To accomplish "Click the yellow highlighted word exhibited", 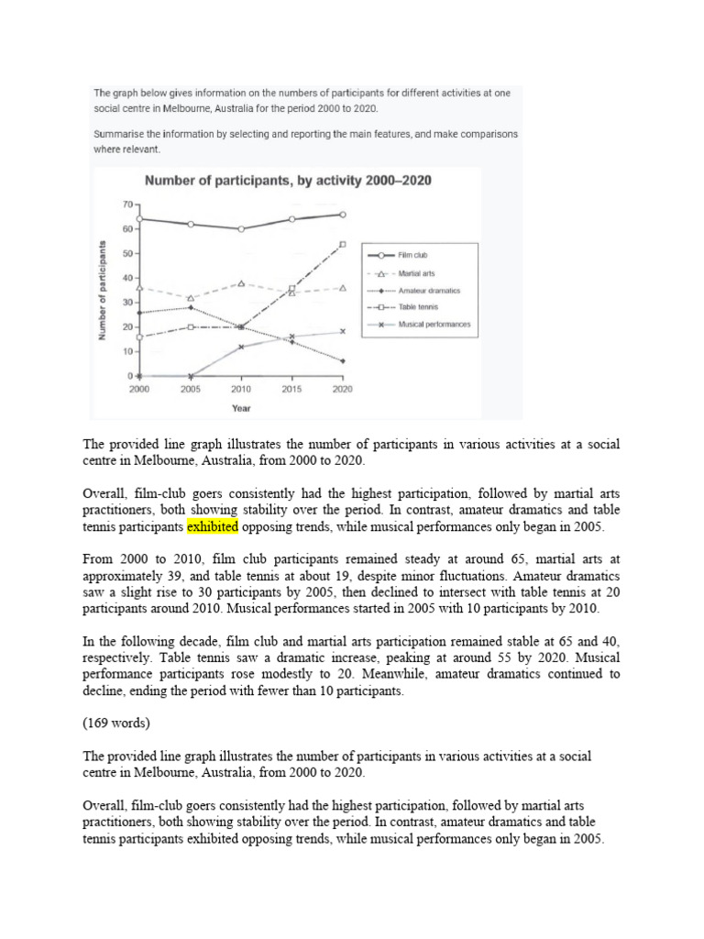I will point(213,527).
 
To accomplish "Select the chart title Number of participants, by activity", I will point(285,181).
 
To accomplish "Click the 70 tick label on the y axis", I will point(126,204).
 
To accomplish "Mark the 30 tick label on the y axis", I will point(126,303).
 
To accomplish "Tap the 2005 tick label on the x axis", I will point(190,389).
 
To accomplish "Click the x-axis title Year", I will point(241,408).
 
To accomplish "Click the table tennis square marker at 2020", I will point(343,244).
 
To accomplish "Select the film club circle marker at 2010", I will point(241,228).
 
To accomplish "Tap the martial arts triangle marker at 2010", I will point(241,283).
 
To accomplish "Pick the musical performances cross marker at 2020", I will point(343,331).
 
